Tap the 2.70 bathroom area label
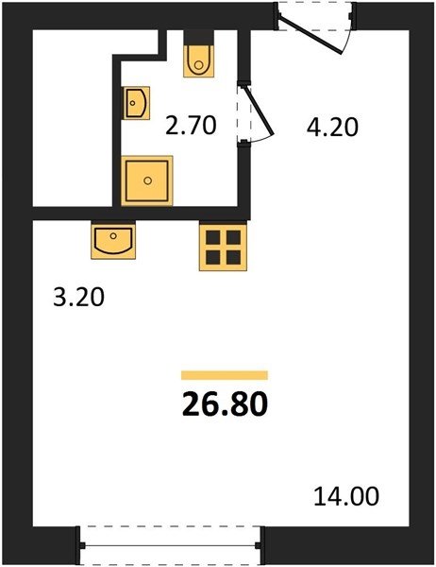pyautogui.click(x=191, y=125)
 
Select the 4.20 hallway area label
pyautogui.click(x=332, y=127)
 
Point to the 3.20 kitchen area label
pyautogui.click(x=78, y=298)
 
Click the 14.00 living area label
pyautogui.click(x=346, y=496)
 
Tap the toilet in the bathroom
pyautogui.click(x=199, y=60)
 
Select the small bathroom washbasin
pyautogui.click(x=137, y=103)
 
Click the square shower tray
pyautogui.click(x=147, y=180)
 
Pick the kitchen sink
pyautogui.click(x=113, y=241)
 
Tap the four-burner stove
pyautogui.click(x=223, y=248)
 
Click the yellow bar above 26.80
pyautogui.click(x=225, y=375)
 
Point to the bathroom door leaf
pyautogui.click(x=260, y=111)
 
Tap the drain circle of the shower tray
pyautogui.click(x=147, y=180)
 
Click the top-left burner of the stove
pyautogui.click(x=212, y=237)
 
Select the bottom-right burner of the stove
pyautogui.click(x=233, y=257)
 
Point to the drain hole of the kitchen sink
pyautogui.click(x=113, y=235)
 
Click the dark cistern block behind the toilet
pyautogui.click(x=199, y=38)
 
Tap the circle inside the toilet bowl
pyautogui.click(x=199, y=65)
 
